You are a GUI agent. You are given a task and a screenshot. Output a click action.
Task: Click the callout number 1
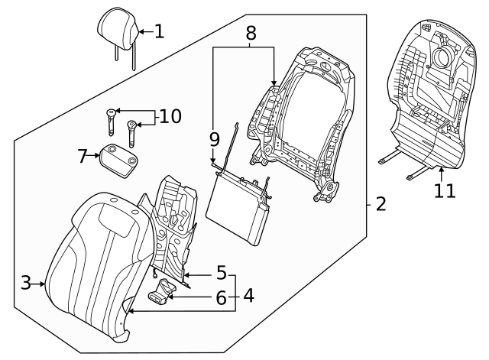(x=158, y=31)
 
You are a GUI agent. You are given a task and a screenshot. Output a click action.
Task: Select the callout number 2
(x=381, y=204)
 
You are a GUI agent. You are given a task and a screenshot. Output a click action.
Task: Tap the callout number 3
(x=25, y=284)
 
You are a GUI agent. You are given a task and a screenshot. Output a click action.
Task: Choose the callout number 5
(x=221, y=273)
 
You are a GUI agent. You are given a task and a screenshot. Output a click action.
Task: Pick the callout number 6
(x=221, y=299)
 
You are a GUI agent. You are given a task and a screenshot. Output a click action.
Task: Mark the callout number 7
(x=83, y=157)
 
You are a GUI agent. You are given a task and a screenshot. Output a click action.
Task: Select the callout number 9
(x=215, y=139)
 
